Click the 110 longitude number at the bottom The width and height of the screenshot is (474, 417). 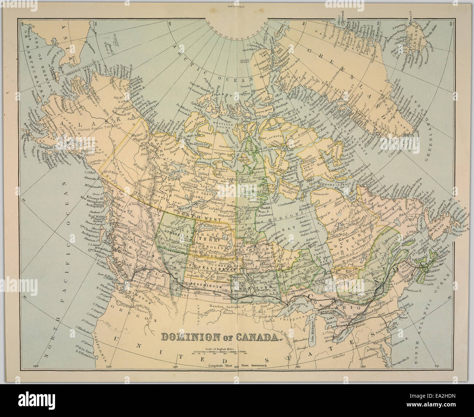175,366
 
